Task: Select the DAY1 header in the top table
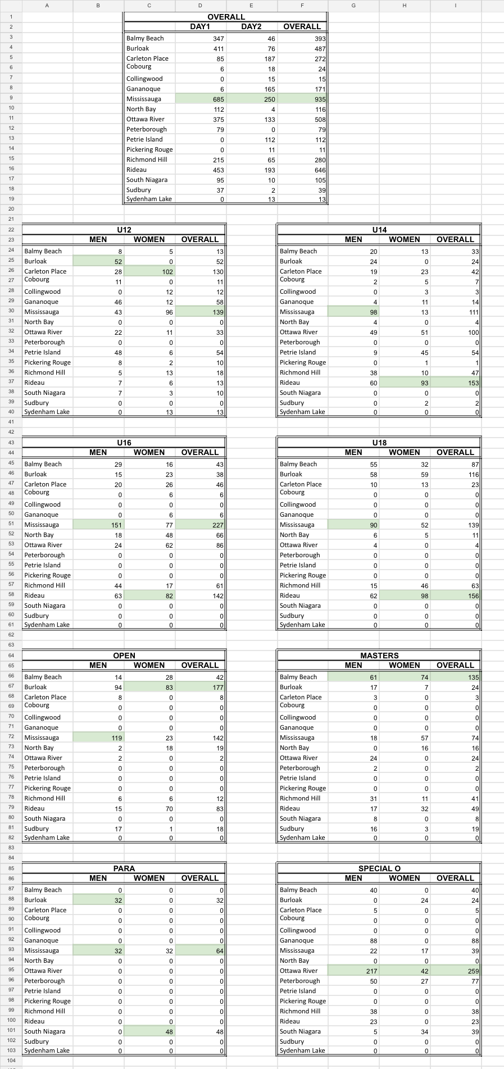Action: coord(200,26)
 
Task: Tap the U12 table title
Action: coord(124,230)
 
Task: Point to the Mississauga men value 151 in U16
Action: coord(115,525)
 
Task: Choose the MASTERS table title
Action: coord(379,656)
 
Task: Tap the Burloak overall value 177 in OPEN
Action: coord(217,688)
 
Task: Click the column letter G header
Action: coord(353,5)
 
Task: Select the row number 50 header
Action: coord(11,515)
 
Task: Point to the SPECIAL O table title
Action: coord(379,868)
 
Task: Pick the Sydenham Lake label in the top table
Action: coord(149,199)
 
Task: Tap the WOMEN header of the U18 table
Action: coord(405,452)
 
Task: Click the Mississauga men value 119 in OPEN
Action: coord(116,738)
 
